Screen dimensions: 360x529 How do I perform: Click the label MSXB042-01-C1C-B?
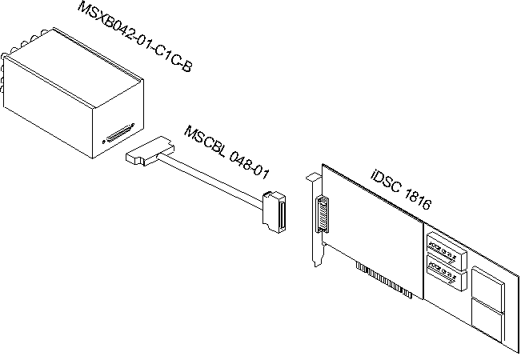click(134, 37)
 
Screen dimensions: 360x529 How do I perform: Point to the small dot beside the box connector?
click(103, 142)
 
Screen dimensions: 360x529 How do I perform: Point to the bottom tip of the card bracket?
click(319, 264)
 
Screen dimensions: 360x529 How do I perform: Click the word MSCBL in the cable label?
click(203, 139)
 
